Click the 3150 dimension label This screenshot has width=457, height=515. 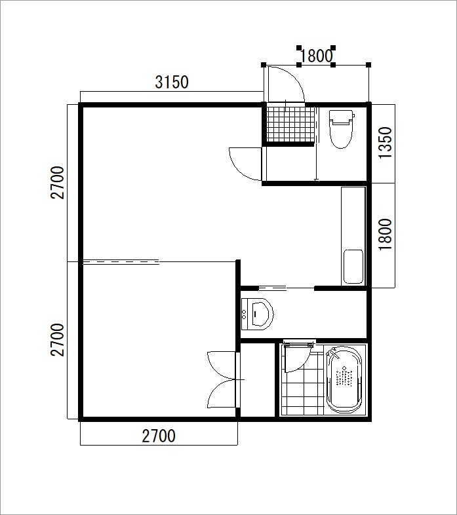(x=172, y=82)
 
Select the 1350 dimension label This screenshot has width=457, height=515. (x=386, y=143)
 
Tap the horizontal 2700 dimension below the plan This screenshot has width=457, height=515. (x=159, y=436)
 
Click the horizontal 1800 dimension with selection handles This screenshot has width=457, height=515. (x=316, y=56)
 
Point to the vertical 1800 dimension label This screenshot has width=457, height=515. (x=386, y=235)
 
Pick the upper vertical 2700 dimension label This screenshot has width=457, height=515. (x=57, y=183)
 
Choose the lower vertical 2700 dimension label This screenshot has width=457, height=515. (x=57, y=340)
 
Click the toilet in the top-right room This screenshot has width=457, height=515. (x=341, y=128)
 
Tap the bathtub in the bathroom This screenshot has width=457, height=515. (x=344, y=379)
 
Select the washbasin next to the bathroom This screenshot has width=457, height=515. (x=257, y=314)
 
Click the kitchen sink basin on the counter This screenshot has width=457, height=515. (x=353, y=267)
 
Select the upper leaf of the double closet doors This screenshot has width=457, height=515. (x=221, y=365)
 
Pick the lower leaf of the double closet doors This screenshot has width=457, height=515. (x=221, y=394)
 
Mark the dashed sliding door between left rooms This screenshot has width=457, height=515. (x=121, y=262)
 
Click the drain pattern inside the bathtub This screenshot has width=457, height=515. (x=344, y=375)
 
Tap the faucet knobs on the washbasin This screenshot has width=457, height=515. (x=244, y=314)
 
